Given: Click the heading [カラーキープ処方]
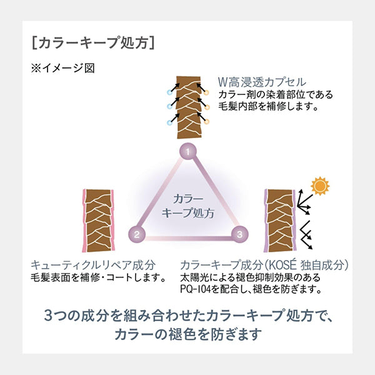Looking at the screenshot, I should click(92, 43).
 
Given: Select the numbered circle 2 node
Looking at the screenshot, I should click(137, 236).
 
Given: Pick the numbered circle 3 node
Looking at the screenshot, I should click(239, 235).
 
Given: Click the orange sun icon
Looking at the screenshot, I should click(321, 186).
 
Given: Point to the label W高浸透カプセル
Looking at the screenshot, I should click(261, 82).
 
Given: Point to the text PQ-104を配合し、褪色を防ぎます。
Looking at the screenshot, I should click(250, 289).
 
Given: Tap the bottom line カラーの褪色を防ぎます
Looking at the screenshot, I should click(188, 335).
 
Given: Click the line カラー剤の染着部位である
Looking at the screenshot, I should click(275, 95).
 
